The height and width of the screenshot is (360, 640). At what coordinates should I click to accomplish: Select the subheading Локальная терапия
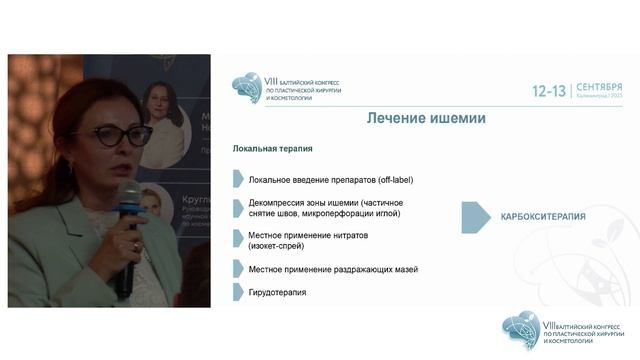click(272, 149)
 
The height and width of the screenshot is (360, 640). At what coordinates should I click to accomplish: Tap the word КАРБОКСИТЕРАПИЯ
click(542, 217)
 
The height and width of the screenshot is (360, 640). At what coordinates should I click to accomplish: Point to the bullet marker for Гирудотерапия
click(238, 293)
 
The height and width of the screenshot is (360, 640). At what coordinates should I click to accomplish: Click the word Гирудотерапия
click(279, 293)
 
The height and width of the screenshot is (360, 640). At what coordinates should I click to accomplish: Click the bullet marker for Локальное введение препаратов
click(238, 180)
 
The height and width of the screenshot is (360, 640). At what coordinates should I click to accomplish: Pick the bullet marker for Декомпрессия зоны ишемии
click(238, 208)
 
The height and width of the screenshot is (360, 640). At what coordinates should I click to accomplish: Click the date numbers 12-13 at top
click(548, 91)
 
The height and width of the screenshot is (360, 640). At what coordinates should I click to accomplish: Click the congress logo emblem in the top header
click(246, 89)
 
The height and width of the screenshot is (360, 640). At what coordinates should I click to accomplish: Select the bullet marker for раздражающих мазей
click(238, 269)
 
